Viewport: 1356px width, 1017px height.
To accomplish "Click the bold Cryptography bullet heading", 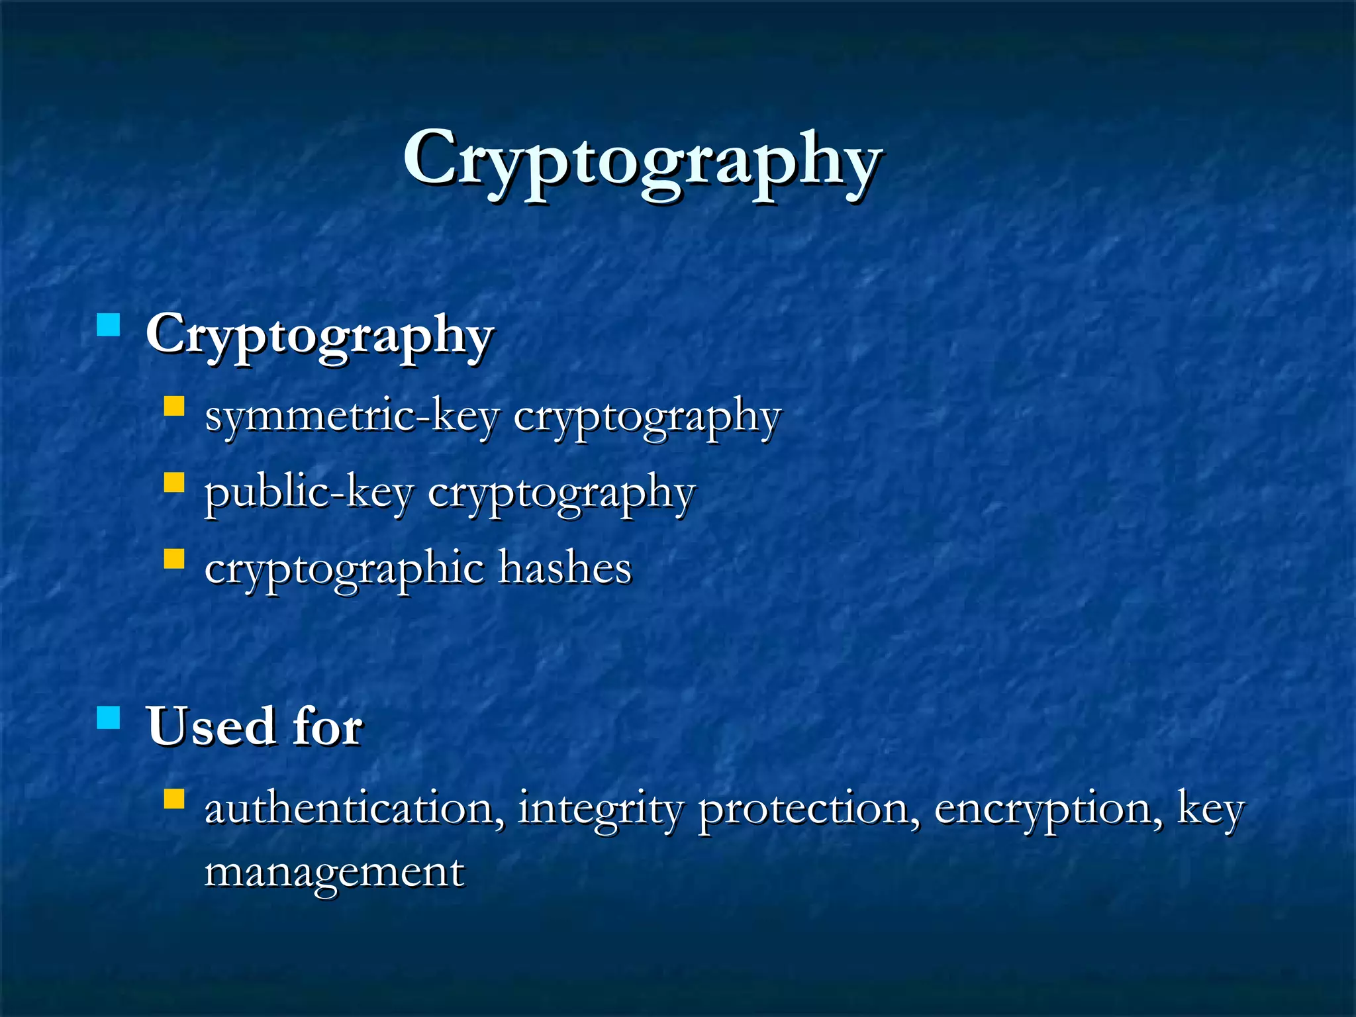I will [x=320, y=335].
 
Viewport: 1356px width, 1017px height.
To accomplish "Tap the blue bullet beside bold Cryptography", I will [x=108, y=325].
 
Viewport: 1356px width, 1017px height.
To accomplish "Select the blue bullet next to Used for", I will [x=108, y=717].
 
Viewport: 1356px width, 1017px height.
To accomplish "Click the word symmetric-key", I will [x=352, y=417].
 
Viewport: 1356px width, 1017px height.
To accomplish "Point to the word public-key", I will [x=309, y=493].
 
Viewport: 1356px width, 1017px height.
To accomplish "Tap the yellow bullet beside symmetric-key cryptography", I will [x=173, y=405].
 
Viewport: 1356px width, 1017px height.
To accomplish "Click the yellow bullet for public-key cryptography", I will [x=173, y=481].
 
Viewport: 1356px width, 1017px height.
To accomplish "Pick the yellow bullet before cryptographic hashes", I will [x=173, y=558].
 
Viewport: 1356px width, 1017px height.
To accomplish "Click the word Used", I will [x=211, y=726].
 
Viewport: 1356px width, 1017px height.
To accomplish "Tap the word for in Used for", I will [x=328, y=726].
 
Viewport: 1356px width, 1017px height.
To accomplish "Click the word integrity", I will [x=599, y=810].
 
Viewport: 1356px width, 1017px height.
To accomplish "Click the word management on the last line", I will [x=334, y=873].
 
